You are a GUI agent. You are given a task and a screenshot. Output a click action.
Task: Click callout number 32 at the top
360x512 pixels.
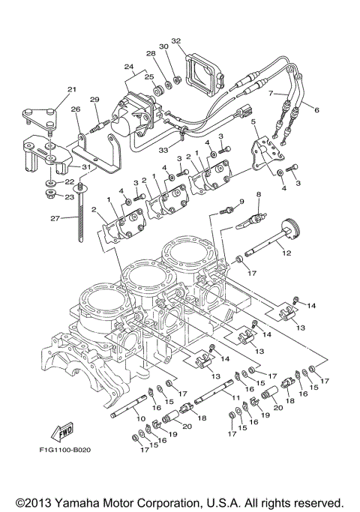(x=176, y=40)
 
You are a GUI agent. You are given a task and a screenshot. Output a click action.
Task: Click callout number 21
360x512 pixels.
(x=72, y=90)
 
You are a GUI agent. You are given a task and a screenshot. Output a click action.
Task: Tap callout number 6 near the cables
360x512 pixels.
(x=316, y=110)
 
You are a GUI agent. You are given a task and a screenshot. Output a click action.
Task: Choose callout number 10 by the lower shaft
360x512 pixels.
(x=140, y=409)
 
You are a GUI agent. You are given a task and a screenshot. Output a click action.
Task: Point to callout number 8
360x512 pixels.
(x=258, y=195)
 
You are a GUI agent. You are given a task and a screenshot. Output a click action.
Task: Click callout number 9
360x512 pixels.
(x=241, y=202)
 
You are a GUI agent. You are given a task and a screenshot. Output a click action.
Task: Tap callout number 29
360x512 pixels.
(x=94, y=100)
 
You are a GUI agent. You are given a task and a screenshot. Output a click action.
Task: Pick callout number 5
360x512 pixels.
(x=253, y=121)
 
